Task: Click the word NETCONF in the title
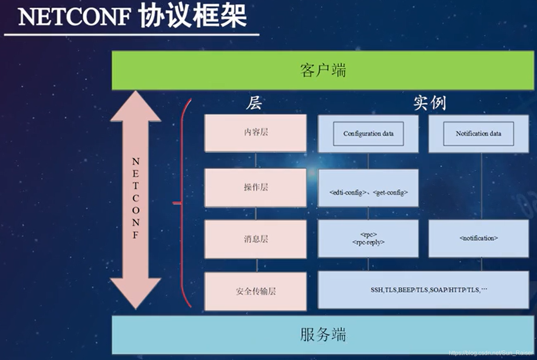[74, 17]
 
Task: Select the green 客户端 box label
[323, 70]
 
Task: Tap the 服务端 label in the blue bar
[323, 334]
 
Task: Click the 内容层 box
[255, 133]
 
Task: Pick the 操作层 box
[255, 187]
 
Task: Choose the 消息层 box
[255, 239]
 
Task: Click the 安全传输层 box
[255, 291]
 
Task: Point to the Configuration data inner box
[368, 134]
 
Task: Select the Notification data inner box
[478, 134]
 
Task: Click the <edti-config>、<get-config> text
[368, 193]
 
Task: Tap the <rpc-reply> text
[368, 242]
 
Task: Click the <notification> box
[478, 238]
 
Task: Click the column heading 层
[254, 103]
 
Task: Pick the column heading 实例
[429, 103]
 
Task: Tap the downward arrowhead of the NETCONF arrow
[136, 292]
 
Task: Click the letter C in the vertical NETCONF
[136, 198]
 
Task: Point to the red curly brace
[183, 203]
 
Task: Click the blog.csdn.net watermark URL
[491, 353]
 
